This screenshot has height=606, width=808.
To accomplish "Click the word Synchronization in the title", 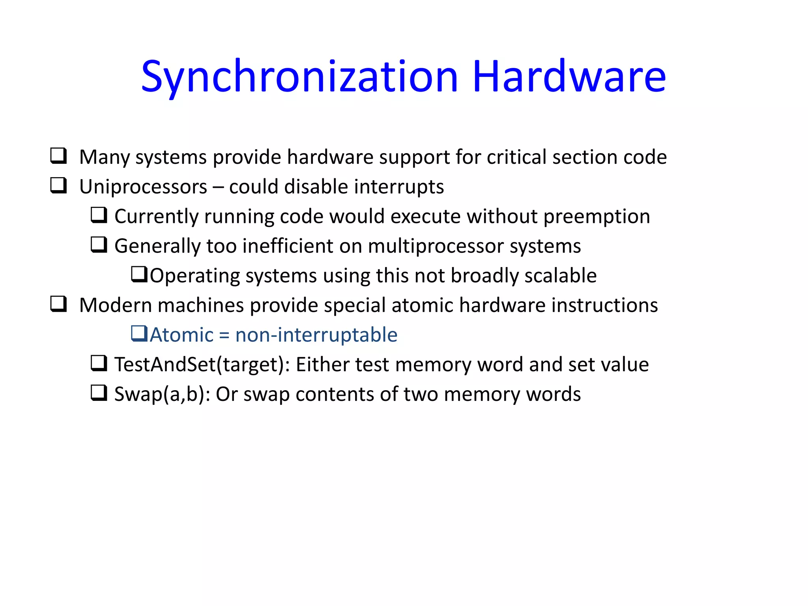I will tap(299, 77).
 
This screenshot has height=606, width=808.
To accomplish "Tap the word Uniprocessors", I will tap(143, 187).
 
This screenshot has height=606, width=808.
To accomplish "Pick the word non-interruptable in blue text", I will tap(316, 335).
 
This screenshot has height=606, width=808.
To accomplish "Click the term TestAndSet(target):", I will tap(202, 365).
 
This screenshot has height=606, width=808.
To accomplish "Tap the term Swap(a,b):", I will tap(162, 394).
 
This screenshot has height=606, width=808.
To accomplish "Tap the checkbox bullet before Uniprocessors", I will tap(58, 185).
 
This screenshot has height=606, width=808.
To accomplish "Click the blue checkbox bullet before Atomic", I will tap(139, 333).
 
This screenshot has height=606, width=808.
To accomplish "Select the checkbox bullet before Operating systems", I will tap(139, 274).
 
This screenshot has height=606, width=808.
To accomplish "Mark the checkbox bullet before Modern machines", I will tap(58, 304).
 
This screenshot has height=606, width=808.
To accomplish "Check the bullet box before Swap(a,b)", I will tap(99, 393).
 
